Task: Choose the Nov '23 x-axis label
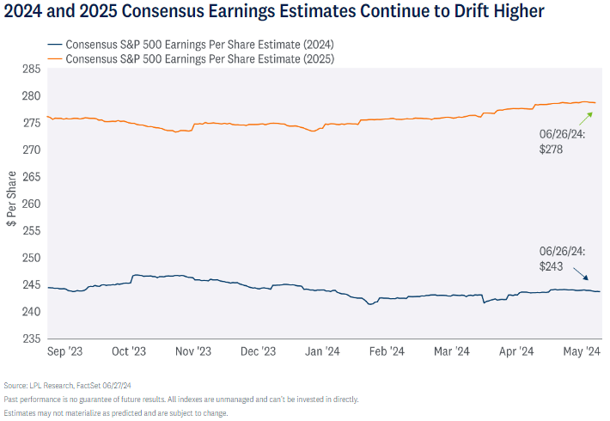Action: coord(193,351)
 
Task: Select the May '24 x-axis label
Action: coord(582,351)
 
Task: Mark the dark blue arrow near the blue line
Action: coord(582,275)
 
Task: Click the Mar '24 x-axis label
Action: coord(451,351)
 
